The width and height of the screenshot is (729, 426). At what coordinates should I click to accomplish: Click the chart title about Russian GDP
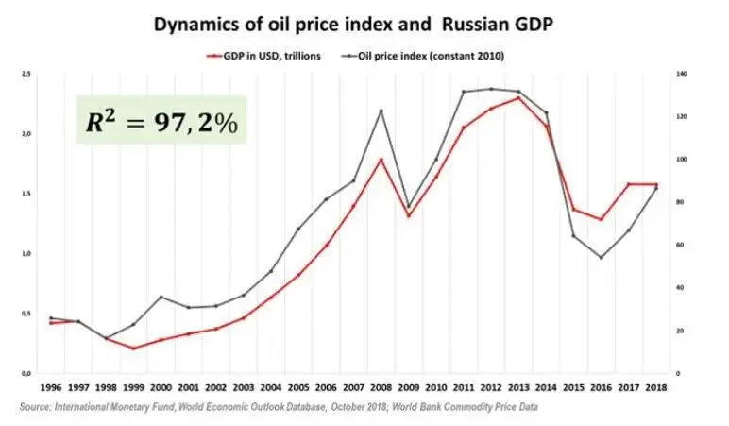364,24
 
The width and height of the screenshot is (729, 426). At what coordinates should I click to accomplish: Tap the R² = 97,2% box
161,120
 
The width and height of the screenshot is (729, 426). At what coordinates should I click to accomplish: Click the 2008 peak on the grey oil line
381,111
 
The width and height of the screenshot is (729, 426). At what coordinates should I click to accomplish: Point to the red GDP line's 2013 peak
518,97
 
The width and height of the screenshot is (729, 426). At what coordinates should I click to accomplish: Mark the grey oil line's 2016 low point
602,257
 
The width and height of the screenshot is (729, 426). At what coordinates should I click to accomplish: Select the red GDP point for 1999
133,349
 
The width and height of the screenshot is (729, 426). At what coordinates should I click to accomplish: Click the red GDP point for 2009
408,215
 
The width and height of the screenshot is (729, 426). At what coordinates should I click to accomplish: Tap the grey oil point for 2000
161,297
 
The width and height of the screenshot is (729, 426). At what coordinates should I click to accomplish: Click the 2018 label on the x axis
656,387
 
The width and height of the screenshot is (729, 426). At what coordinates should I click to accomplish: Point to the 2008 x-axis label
381,387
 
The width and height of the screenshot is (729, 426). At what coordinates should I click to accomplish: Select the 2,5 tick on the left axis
26,73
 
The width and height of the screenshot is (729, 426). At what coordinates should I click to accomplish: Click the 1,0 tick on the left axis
26,253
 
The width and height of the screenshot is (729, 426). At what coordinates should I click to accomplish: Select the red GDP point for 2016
602,219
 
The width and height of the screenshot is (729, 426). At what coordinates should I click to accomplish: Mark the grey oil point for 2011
464,92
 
